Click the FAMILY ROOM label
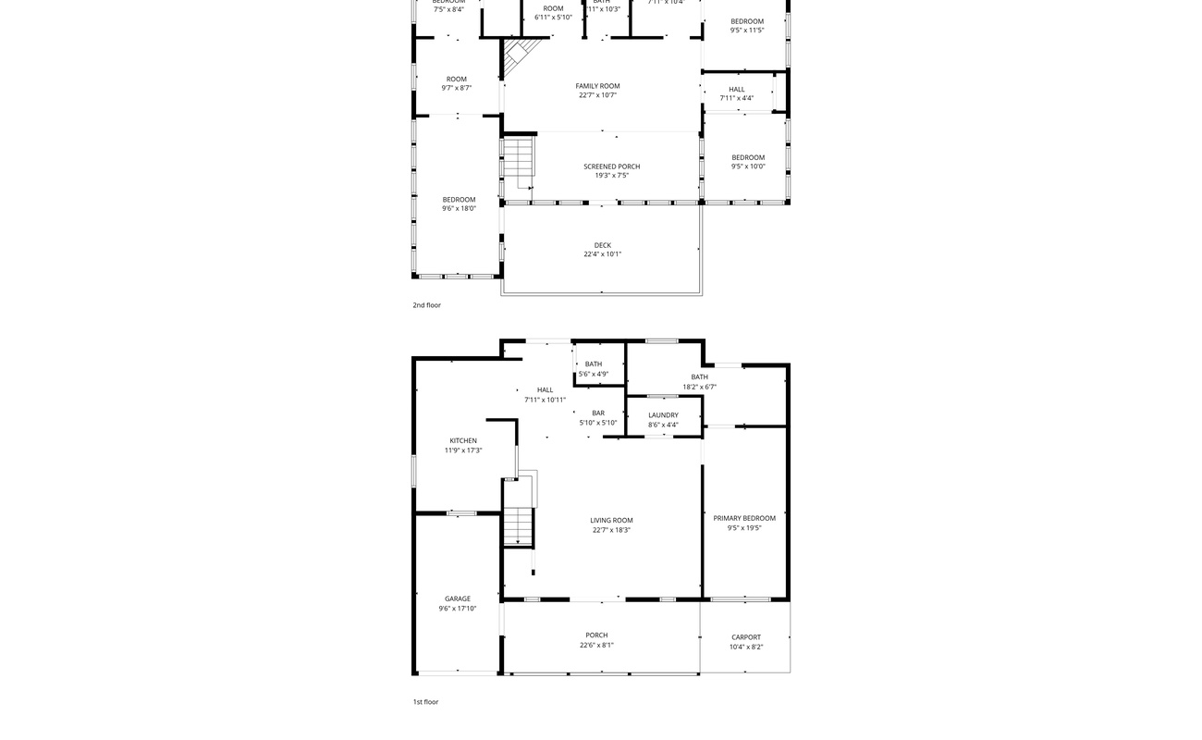pyautogui.click(x=597, y=86)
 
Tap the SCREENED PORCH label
pyautogui.click(x=611, y=166)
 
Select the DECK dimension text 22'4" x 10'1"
pyautogui.click(x=602, y=254)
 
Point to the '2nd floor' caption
pyautogui.click(x=426, y=305)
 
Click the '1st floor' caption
pyautogui.click(x=425, y=702)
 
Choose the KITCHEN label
pyautogui.click(x=463, y=441)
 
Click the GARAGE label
pyautogui.click(x=458, y=598)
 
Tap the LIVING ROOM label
pyautogui.click(x=611, y=521)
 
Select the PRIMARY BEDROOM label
pyautogui.click(x=744, y=518)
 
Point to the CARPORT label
pyautogui.click(x=746, y=637)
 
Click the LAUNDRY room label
pyautogui.click(x=663, y=415)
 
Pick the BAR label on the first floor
pyautogui.click(x=598, y=413)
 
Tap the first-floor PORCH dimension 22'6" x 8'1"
pyautogui.click(x=596, y=646)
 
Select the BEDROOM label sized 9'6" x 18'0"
pyautogui.click(x=459, y=200)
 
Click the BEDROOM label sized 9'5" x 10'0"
pyautogui.click(x=748, y=157)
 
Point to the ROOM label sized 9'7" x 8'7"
pyautogui.click(x=457, y=80)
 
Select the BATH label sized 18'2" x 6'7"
pyautogui.click(x=699, y=377)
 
